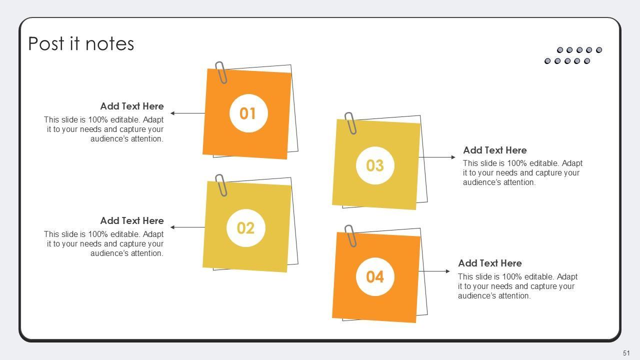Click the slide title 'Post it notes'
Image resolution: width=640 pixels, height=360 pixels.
[x=81, y=43]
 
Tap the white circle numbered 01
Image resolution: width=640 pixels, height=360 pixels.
[x=248, y=113]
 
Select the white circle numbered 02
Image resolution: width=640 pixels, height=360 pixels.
[x=245, y=228]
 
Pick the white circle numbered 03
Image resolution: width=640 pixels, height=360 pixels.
[x=375, y=165]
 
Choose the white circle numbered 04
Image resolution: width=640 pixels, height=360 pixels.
[x=375, y=276]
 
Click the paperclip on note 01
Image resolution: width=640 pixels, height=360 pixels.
[x=221, y=72]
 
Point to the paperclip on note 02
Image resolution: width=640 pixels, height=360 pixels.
[x=221, y=185]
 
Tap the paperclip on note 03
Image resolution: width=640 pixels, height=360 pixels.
[x=350, y=123]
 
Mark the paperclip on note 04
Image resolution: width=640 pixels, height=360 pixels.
[x=350, y=235]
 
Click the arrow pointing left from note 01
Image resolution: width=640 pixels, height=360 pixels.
[x=187, y=113]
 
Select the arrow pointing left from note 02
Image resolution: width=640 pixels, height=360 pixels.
[x=187, y=227]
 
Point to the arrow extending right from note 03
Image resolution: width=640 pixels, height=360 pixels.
[x=437, y=157]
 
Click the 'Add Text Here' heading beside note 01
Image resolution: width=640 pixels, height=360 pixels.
[x=132, y=106]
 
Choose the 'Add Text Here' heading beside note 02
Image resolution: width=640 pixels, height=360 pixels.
[x=132, y=221]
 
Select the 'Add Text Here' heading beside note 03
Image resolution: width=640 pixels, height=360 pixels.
[x=495, y=150]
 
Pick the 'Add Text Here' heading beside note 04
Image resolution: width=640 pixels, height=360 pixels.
[x=490, y=263]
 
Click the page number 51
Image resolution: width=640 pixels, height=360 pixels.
[x=626, y=353]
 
